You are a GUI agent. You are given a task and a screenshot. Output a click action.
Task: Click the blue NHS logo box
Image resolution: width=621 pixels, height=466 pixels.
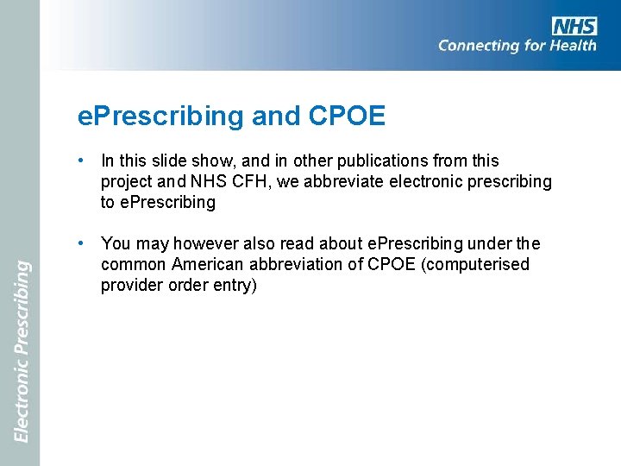(x=575, y=26)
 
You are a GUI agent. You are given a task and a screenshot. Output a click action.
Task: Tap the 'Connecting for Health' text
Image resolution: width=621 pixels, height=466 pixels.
(x=517, y=46)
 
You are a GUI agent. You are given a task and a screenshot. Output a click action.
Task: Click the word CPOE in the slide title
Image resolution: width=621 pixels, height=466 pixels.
(x=345, y=116)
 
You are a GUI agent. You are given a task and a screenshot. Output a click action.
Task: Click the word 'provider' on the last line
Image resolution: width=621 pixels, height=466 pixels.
(x=130, y=286)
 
